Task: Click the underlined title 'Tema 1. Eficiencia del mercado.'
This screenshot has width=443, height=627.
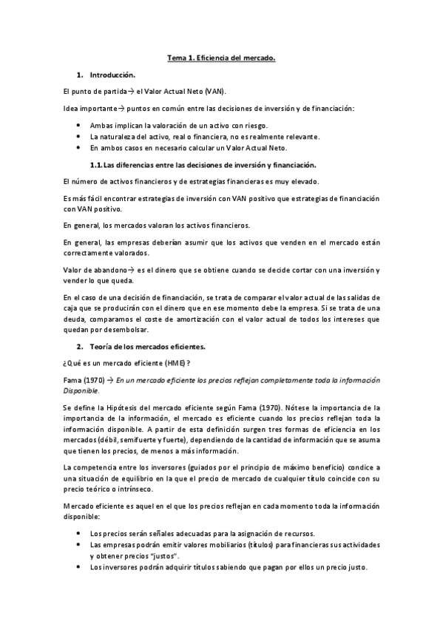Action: (220, 58)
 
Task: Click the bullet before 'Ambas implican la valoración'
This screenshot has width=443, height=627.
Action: (79, 126)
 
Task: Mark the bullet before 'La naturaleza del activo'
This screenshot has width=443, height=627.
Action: (79, 137)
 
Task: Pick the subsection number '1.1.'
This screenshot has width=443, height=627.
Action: (96, 165)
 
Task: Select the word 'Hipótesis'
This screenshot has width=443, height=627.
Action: (133, 407)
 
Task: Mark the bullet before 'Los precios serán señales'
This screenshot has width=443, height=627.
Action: (79, 533)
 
